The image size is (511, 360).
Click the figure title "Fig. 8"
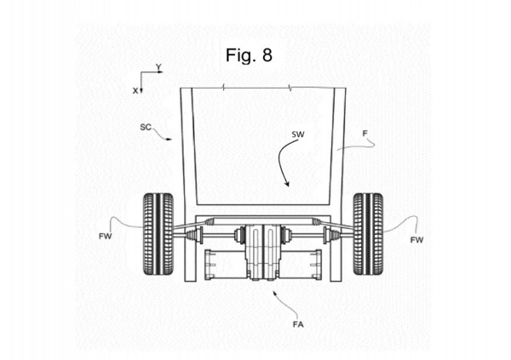pos(249,55)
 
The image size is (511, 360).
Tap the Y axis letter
pos(158,67)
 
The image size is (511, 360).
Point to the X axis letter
pos(135,91)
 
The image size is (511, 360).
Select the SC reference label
pos(146,127)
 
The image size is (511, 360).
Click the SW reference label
pos(298,134)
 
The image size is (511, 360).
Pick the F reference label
pos(365,134)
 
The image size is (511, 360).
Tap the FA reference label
pos(298,324)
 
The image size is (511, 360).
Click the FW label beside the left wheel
pos(105,237)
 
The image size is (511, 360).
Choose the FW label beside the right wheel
pos(416,240)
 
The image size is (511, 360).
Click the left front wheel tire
pos(158,234)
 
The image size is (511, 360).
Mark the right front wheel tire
pos(368,234)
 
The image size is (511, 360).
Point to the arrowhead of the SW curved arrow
pos(286,184)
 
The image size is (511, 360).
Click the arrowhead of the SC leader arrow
pos(169,139)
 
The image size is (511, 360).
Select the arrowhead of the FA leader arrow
pos(275,294)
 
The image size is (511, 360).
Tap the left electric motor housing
pos(225,265)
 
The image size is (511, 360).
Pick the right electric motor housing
pos(301,265)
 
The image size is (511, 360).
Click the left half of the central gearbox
pos(253,252)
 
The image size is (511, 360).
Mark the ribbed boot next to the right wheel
pos(336,235)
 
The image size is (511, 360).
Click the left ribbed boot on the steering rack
pos(210,222)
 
